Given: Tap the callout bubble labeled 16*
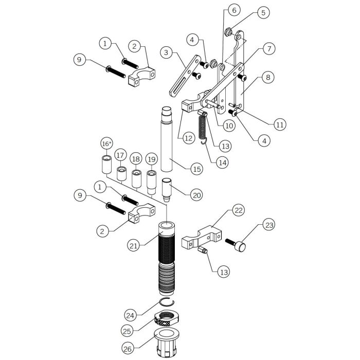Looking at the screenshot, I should [x=106, y=142].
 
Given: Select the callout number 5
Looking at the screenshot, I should [x=263, y=12].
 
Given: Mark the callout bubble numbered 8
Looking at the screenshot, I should [x=267, y=78].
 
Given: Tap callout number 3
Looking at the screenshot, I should [x=166, y=52].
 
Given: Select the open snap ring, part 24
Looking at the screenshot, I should [x=167, y=304].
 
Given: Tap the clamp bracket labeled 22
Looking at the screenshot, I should [x=204, y=234].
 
